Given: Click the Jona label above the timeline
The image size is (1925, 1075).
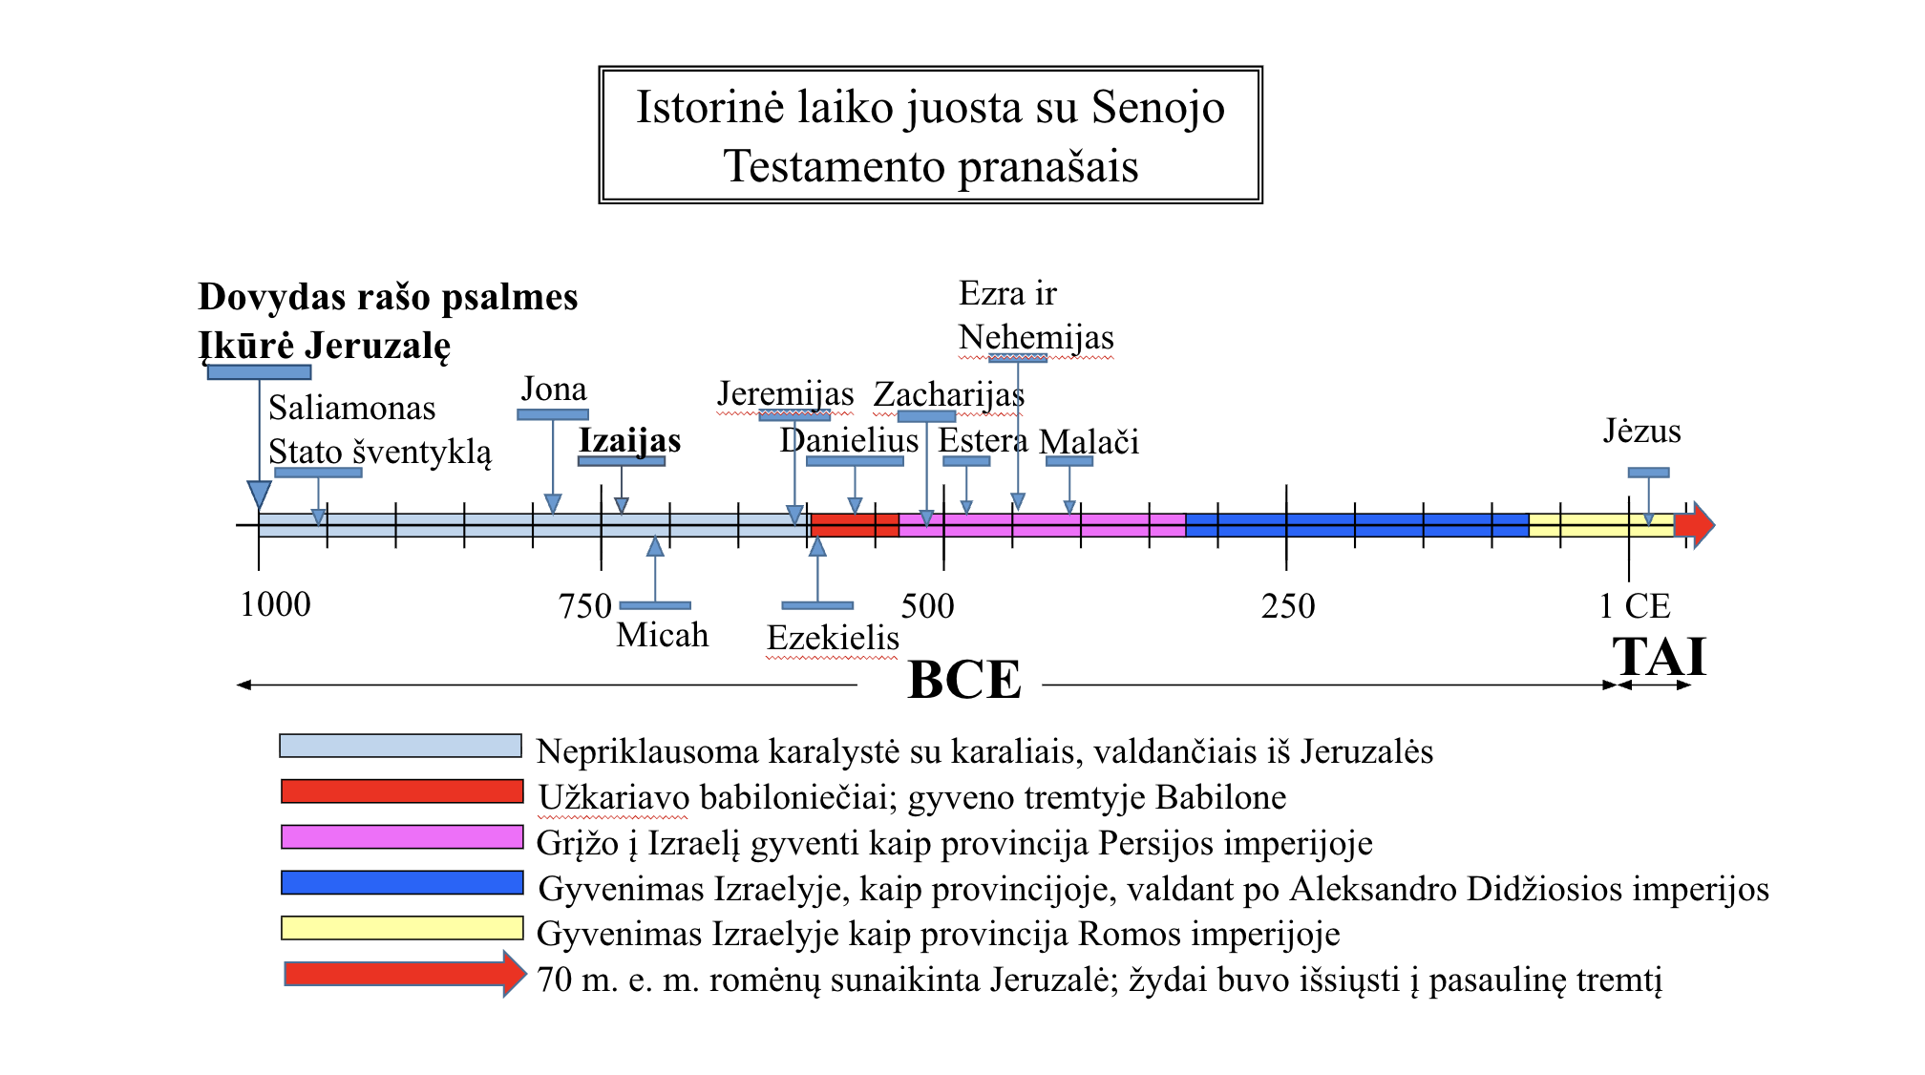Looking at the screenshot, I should [554, 390].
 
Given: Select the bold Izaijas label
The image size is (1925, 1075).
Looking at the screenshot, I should [629, 441].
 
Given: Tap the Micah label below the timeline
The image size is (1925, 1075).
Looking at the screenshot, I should [662, 635].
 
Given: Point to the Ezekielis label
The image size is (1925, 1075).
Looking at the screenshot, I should [833, 638].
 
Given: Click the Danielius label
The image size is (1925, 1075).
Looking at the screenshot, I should [849, 441].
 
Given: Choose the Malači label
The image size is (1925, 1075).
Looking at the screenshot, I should [1089, 442].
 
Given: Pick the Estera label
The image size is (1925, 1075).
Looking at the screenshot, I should [983, 441].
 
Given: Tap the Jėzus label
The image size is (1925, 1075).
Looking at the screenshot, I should [1641, 432].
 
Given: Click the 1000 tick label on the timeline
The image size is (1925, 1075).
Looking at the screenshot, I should [275, 605].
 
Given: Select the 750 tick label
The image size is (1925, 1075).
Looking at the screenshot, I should [584, 606].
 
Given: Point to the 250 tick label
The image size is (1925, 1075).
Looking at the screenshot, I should [1287, 606].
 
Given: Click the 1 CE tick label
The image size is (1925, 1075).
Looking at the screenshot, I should [1634, 606].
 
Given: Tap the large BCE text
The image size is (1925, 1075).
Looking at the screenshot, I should [964, 680].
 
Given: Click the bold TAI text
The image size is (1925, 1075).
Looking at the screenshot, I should [1659, 657].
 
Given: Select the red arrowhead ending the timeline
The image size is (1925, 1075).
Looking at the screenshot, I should [1696, 525].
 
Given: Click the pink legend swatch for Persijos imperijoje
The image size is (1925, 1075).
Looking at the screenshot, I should [402, 837].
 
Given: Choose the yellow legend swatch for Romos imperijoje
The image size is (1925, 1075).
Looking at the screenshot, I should [402, 928].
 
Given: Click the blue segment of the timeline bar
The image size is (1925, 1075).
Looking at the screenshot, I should [1356, 525].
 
